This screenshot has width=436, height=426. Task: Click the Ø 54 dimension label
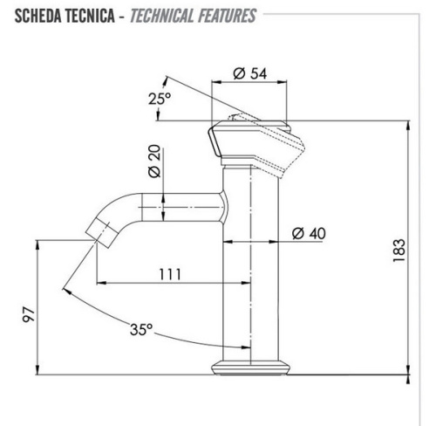250,74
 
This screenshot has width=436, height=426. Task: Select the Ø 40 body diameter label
309,234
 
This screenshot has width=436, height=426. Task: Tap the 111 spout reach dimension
170,273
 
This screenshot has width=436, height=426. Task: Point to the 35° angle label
141,331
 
